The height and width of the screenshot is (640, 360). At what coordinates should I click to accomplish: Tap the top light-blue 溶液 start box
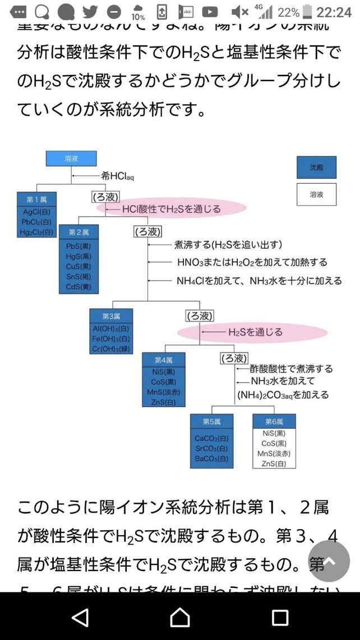[x=71, y=159]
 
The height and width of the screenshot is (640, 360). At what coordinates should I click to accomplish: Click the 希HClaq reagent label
[x=117, y=176]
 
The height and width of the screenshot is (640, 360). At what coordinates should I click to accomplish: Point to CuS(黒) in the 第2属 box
[x=79, y=266]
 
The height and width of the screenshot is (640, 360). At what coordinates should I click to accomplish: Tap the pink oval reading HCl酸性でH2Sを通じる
[x=171, y=209]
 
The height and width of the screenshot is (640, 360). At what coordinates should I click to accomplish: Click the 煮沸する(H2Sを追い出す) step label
[x=228, y=245]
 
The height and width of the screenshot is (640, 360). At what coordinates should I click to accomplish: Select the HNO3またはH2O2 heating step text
[x=252, y=262]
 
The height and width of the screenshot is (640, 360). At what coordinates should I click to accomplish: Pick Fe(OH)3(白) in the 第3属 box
[x=111, y=338]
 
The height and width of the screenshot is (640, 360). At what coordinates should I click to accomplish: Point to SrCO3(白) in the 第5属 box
[x=211, y=448]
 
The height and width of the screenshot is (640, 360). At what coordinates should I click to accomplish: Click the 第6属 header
[x=274, y=421]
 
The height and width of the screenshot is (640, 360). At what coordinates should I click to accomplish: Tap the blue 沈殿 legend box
[x=316, y=167]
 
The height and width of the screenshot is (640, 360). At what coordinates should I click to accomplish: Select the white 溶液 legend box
[x=316, y=194]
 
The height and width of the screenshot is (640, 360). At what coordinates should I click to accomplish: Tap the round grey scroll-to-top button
[x=330, y=561]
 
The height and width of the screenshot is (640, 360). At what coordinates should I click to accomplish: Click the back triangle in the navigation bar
[x=81, y=617]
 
